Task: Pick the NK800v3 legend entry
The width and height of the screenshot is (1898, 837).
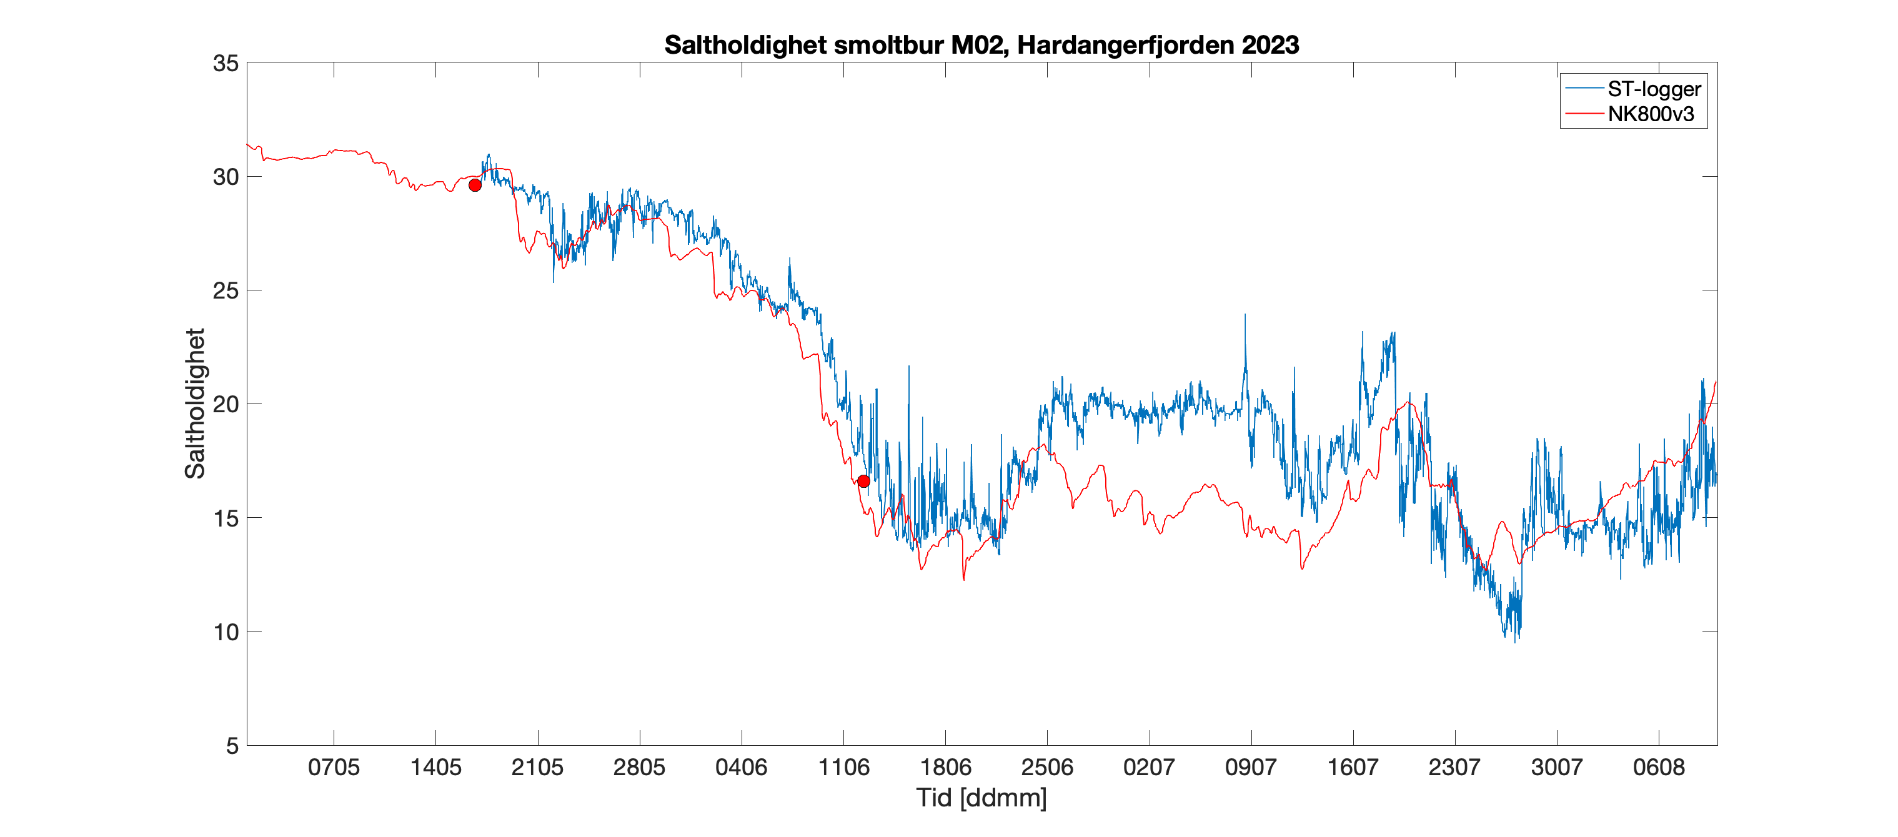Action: tap(1651, 114)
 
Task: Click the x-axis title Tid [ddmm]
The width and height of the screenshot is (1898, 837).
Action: tap(981, 798)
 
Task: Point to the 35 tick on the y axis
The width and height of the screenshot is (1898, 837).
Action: tap(226, 63)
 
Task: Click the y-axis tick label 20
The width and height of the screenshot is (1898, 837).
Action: tap(226, 404)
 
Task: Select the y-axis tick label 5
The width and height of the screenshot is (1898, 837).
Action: tap(232, 746)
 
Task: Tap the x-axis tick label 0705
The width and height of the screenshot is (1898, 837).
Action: tap(334, 768)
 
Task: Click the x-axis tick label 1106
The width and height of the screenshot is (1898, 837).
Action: tap(843, 768)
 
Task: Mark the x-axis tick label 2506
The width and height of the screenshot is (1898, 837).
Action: tap(1047, 768)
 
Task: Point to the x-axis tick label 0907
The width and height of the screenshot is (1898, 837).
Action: tap(1250, 768)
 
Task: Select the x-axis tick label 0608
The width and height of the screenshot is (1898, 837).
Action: tap(1659, 768)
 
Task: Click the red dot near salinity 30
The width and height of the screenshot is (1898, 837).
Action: tap(475, 185)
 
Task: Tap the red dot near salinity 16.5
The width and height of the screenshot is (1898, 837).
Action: tap(863, 481)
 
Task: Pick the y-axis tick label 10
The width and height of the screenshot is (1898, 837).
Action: tap(226, 632)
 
